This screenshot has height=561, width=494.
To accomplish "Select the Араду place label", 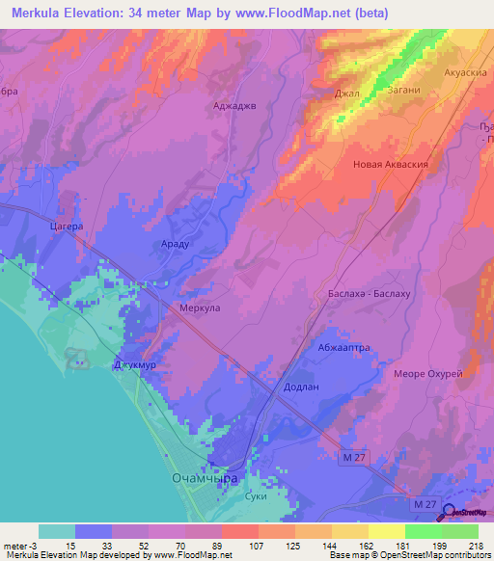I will (x=175, y=245).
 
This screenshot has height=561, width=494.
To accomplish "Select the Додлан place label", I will (x=300, y=386).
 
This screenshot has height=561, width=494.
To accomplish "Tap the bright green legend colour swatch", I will (x=424, y=531).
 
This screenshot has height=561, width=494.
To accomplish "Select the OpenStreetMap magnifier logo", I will (x=450, y=502).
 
